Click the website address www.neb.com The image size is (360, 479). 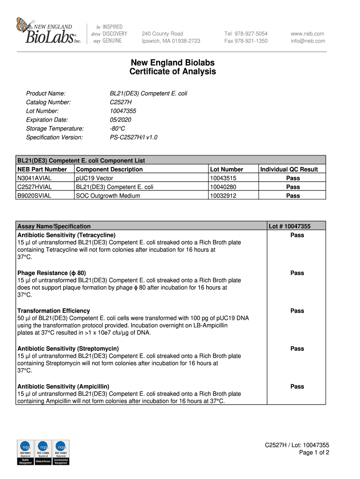click(307, 34)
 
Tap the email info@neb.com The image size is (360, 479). click(308, 41)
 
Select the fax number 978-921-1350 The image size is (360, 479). click(246, 41)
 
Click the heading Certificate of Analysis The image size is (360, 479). click(173, 72)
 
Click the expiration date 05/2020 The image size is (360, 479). click(120, 120)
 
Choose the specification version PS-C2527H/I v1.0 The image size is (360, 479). click(133, 138)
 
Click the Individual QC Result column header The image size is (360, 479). click(289, 169)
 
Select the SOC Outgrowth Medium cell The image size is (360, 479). click(108, 196)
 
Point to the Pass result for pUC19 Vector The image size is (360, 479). click(293, 178)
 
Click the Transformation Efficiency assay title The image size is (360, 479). click(53, 311)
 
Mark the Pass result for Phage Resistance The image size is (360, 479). click(297, 273)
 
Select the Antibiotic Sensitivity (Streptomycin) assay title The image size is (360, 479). click(68, 348)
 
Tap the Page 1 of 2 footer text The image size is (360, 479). click(314, 453)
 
